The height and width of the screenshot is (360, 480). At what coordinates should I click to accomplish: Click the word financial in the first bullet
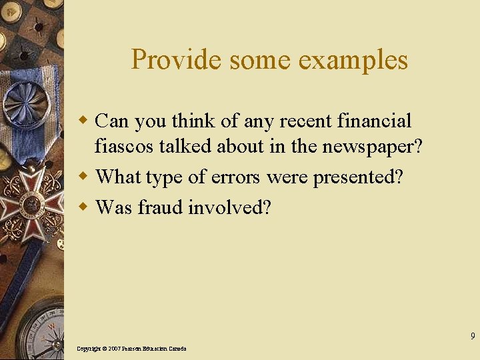[375, 121]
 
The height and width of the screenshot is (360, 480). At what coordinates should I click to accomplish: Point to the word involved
[229, 207]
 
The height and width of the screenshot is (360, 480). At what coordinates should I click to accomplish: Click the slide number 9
[473, 336]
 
